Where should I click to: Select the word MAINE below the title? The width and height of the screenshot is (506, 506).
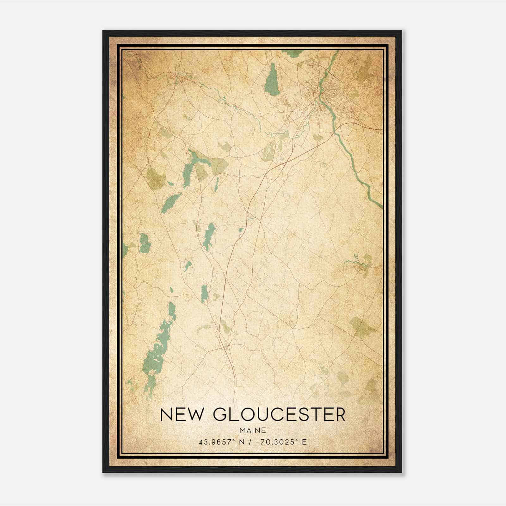[x=253, y=430]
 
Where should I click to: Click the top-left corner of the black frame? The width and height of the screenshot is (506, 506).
[x=103, y=31]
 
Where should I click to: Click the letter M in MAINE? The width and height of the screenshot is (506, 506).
[x=242, y=430]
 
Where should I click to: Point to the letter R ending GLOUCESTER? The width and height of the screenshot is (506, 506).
[x=339, y=415]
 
